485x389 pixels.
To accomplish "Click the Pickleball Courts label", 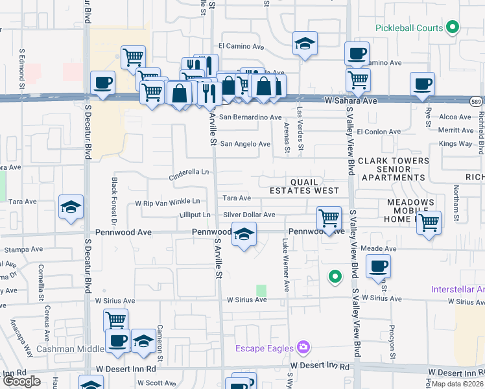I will (x=409, y=28).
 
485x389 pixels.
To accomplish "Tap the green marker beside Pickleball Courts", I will (x=453, y=28).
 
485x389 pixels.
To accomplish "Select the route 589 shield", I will (x=476, y=101).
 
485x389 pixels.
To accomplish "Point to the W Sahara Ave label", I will (x=351, y=101).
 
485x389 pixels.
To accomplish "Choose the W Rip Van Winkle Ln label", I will (x=167, y=203).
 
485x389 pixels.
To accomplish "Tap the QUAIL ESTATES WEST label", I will (x=304, y=186).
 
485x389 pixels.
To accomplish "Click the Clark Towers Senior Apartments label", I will (x=393, y=169).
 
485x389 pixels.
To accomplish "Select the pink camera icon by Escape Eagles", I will (x=302, y=347).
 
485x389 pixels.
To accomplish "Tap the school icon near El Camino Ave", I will (x=304, y=43).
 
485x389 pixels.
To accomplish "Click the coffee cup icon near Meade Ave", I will (x=378, y=265).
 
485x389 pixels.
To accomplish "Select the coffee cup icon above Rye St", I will (x=422, y=84).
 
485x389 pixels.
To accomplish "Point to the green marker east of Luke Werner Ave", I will (x=335, y=277).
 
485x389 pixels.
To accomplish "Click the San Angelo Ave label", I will (x=245, y=144).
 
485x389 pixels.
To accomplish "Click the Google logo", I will (x=21, y=382).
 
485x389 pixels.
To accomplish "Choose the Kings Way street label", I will (x=456, y=143).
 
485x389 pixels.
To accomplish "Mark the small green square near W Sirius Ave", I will (x=261, y=290).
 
